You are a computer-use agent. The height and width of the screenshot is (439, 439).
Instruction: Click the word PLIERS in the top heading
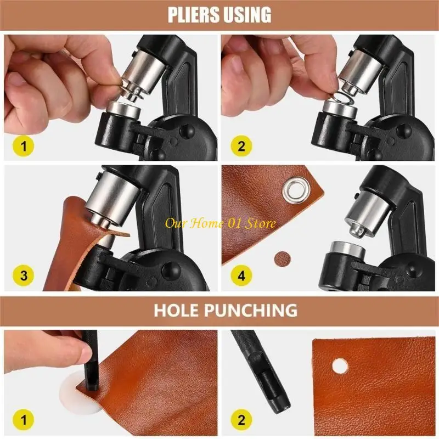[194, 15]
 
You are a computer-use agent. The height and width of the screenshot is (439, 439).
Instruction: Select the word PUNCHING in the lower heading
[252, 310]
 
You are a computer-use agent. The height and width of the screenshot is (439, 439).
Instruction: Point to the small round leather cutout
[283, 256]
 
